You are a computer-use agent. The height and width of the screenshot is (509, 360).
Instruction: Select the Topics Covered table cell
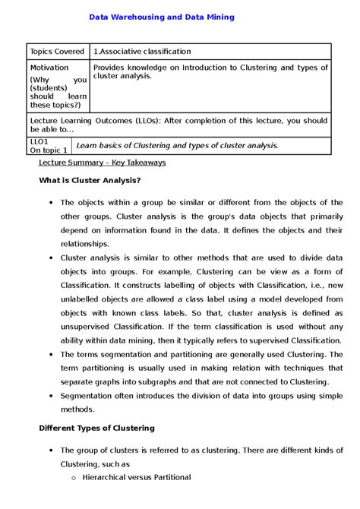coord(57,52)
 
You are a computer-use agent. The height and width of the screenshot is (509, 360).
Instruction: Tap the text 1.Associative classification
coord(141,52)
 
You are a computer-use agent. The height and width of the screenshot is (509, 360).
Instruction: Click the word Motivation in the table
coord(49,68)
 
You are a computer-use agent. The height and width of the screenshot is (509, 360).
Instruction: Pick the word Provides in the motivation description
coord(111,68)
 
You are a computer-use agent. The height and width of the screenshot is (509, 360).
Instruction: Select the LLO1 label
coord(39,141)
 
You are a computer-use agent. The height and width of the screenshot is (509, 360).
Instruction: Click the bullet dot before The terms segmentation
coord(49,354)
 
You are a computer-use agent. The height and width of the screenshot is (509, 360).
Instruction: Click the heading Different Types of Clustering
coord(96,428)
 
